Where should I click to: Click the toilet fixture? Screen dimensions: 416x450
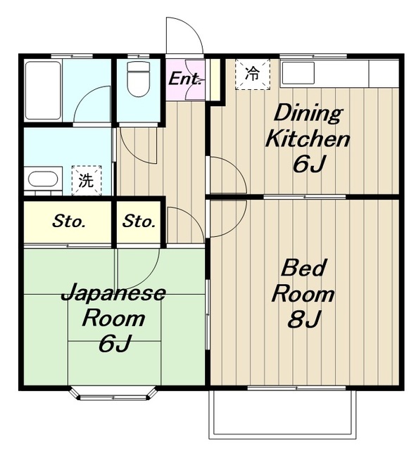point(139,79)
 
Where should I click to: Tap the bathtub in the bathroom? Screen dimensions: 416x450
point(43,91)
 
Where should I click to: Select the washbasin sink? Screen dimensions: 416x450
point(43,179)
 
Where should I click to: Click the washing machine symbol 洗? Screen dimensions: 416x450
point(87,180)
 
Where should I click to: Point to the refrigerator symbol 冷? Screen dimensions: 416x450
point(253,75)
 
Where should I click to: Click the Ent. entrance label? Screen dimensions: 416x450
point(184,79)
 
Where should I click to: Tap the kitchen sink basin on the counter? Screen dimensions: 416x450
point(298,73)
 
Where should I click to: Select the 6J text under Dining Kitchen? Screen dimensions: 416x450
point(310,164)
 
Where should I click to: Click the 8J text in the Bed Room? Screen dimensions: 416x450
point(304,319)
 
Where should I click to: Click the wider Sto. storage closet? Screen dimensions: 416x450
point(68,222)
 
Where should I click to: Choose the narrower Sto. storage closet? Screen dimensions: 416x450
point(139,222)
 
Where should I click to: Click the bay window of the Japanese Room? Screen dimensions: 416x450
point(114,394)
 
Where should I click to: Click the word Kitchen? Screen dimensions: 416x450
point(308,139)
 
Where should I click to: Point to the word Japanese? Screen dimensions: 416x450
point(114,294)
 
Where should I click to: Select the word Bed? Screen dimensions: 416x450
point(303,268)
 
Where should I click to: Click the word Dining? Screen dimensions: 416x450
point(308,114)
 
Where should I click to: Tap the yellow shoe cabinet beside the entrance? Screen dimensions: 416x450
point(215,79)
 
